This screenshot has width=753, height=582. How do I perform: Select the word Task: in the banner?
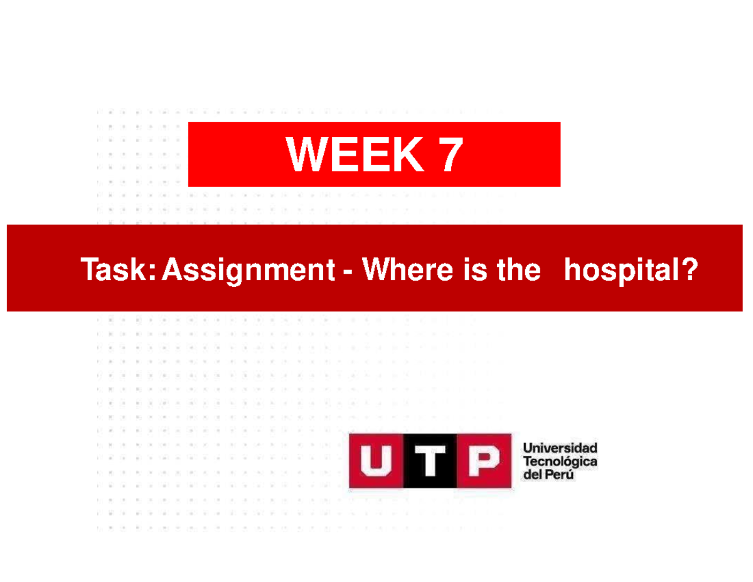(118, 271)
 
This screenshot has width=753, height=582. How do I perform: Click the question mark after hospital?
(689, 271)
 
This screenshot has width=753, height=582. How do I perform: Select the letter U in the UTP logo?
(375, 461)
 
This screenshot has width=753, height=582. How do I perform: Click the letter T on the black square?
(429, 461)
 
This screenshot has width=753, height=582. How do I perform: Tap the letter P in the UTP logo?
(482, 461)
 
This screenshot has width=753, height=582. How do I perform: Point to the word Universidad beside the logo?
(560, 449)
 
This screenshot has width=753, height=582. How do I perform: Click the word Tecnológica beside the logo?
(560, 462)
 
